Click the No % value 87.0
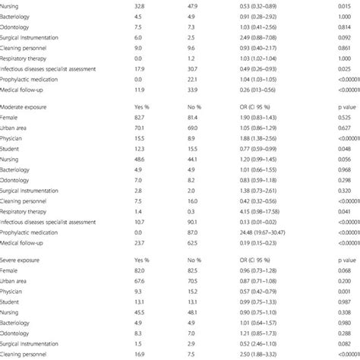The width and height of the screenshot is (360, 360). click(192, 232)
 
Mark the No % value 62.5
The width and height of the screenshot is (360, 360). click(192, 243)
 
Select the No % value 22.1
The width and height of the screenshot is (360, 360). click(192, 79)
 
